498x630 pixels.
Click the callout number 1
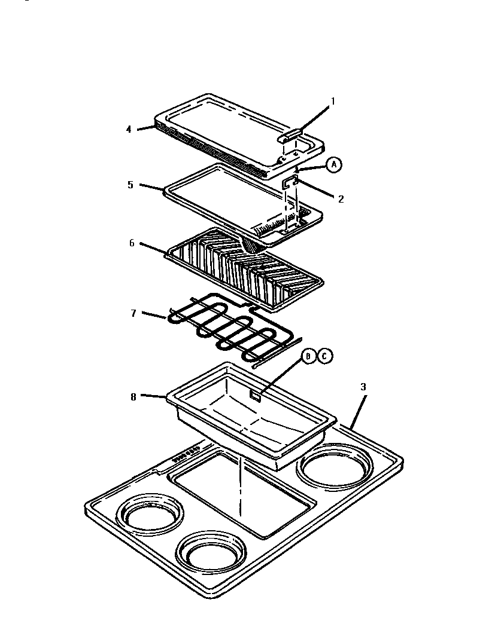click(x=333, y=101)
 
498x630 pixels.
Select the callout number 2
click(x=341, y=199)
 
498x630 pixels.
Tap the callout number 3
click(x=363, y=387)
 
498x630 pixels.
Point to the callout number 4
click(x=129, y=129)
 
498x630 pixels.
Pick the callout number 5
click(x=130, y=185)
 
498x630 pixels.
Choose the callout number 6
click(x=132, y=243)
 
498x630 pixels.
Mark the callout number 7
click(x=133, y=313)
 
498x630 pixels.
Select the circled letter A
click(x=333, y=165)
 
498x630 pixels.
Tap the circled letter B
click(x=308, y=356)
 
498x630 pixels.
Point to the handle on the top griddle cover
click(x=291, y=136)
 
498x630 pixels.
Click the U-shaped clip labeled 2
click(x=290, y=182)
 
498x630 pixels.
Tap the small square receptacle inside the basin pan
click(x=256, y=394)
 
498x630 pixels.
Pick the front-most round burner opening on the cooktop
click(x=211, y=552)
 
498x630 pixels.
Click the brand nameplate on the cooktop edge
click(x=186, y=457)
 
